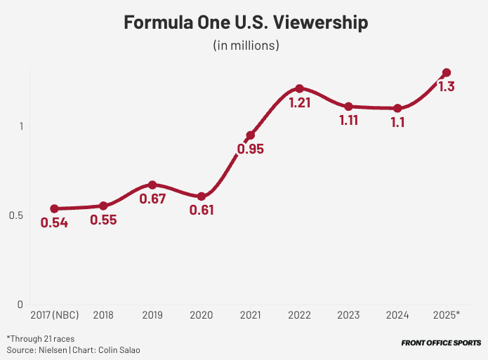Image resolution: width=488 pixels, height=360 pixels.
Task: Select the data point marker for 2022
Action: point(299,88)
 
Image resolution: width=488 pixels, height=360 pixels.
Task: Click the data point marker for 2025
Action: point(446,72)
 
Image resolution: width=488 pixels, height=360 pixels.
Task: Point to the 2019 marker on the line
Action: point(152,185)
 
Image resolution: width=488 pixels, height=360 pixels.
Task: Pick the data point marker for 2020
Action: point(202,196)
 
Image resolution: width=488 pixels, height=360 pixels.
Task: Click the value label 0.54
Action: point(54,223)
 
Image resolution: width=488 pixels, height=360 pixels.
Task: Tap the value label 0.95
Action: point(250,149)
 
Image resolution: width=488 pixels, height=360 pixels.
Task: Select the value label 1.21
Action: point(299,102)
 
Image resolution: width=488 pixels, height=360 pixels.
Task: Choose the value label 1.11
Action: point(348,121)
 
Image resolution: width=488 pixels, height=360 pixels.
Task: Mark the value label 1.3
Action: point(446,87)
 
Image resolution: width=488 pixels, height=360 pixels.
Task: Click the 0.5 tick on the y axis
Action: point(15,215)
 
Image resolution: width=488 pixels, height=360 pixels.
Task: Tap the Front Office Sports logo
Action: point(441,344)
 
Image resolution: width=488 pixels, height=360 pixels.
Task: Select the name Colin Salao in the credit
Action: point(119,349)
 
